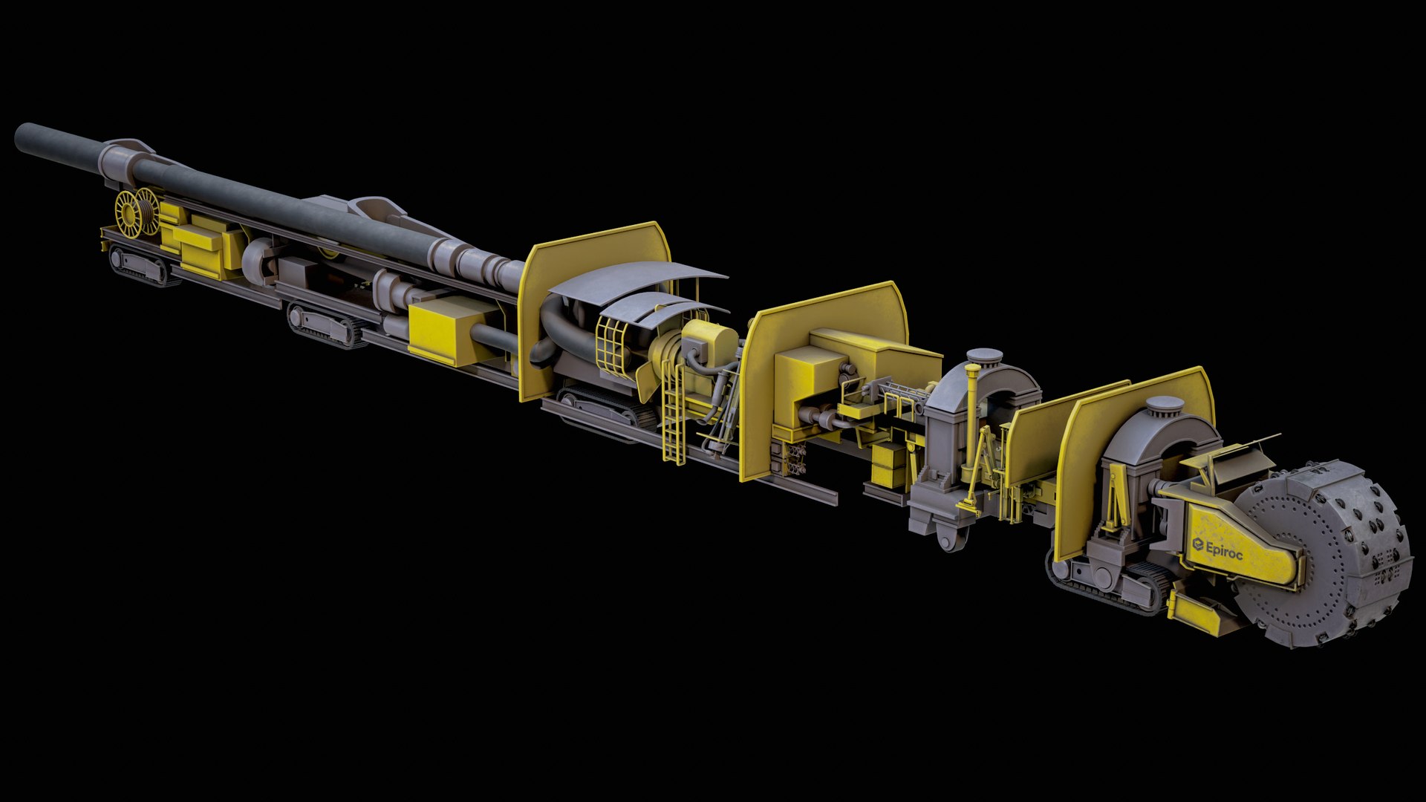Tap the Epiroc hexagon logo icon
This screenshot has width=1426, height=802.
[1197, 545]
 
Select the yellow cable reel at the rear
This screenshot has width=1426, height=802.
[138, 211]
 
